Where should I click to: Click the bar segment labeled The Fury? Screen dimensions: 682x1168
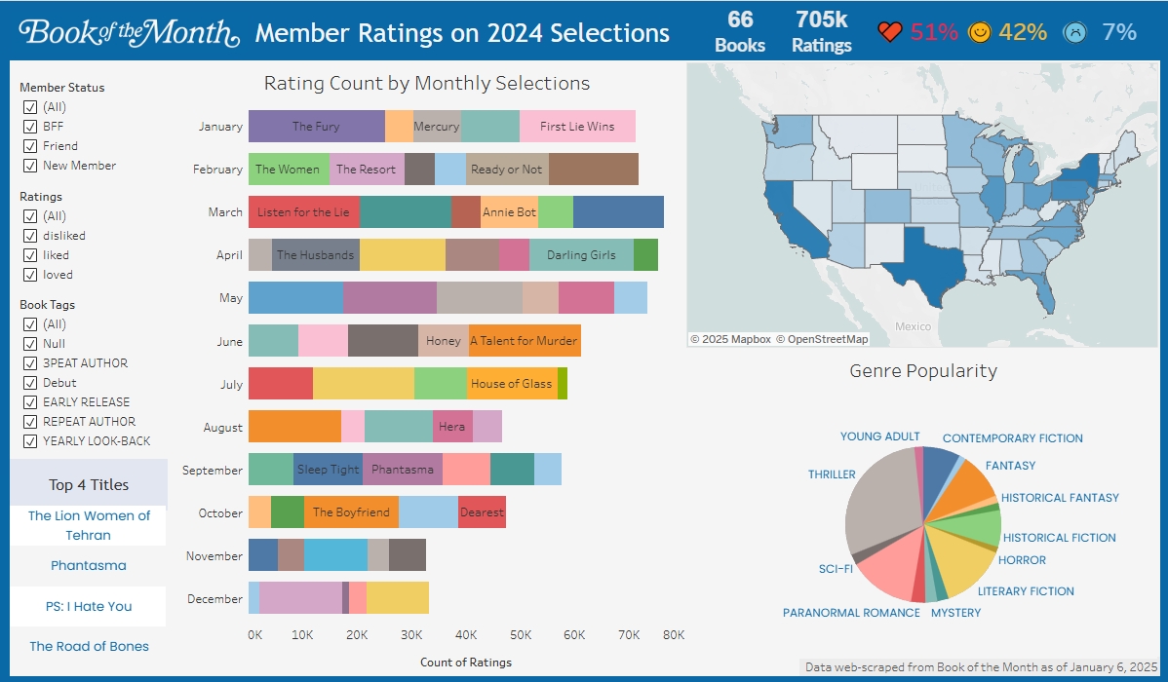pos(316,127)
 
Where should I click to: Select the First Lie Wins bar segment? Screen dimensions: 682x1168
pos(577,127)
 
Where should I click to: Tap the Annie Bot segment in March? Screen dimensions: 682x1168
pos(509,212)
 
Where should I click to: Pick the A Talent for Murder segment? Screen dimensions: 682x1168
pos(525,341)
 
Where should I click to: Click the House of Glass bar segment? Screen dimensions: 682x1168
pos(512,384)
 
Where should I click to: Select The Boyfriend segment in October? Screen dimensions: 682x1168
pos(351,512)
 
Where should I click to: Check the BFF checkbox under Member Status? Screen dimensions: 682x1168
pos(30,127)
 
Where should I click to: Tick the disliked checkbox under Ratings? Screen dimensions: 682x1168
pos(30,236)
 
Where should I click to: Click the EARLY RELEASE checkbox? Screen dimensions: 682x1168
pos(30,402)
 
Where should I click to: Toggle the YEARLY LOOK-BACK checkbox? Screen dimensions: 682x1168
pos(30,441)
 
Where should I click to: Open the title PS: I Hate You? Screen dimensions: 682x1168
pos(89,606)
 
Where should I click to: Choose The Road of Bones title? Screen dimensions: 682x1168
pos(89,646)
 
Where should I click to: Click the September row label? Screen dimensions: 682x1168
pos(213,471)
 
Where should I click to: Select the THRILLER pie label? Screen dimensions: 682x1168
pos(832,474)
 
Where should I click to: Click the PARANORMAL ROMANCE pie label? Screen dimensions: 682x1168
pos(851,613)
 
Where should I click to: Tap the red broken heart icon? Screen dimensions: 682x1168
pos(890,32)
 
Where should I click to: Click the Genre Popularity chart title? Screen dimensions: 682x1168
pos(923,371)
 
